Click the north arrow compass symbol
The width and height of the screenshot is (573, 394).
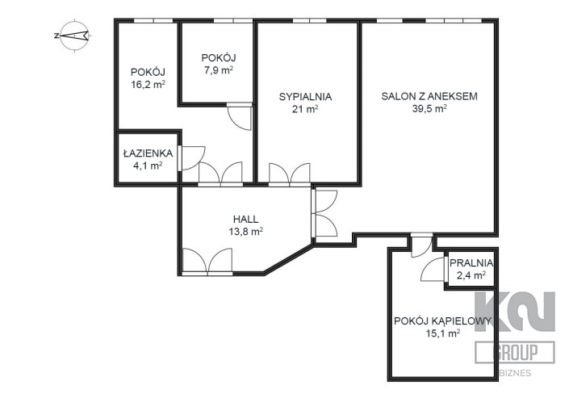pyautogui.click(x=74, y=36)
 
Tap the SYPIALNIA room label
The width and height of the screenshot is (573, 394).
pyautogui.click(x=305, y=97)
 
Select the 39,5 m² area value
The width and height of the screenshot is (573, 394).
pyautogui.click(x=429, y=108)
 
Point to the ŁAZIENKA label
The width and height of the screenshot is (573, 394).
pyautogui.click(x=148, y=153)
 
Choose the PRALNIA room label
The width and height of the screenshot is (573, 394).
pyautogui.click(x=471, y=262)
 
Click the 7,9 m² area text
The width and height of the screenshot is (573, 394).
pyautogui.click(x=219, y=70)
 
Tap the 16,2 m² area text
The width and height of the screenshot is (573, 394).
pyautogui.click(x=148, y=85)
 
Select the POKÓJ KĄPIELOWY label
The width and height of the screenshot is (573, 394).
pyautogui.click(x=442, y=321)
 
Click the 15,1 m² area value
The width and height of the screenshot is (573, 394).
pyautogui.click(x=442, y=333)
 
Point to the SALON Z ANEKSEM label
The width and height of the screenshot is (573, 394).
pyautogui.click(x=429, y=97)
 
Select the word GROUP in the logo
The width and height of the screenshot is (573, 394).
pyautogui.click(x=515, y=352)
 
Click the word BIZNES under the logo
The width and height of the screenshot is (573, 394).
pyautogui.click(x=515, y=374)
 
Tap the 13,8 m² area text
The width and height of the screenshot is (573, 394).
pyautogui.click(x=245, y=232)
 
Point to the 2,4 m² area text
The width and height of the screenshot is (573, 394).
pyautogui.click(x=471, y=275)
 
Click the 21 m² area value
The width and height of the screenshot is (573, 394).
pyautogui.click(x=305, y=109)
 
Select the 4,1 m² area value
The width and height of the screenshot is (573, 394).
pyautogui.click(x=148, y=166)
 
